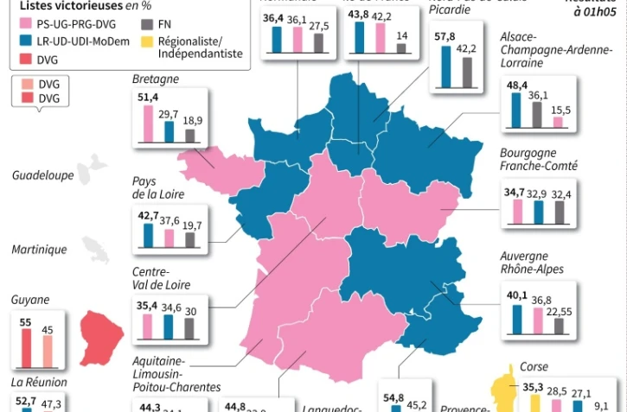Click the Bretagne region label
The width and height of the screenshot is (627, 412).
[x=156, y=79]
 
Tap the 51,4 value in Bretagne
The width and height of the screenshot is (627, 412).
[x=149, y=98]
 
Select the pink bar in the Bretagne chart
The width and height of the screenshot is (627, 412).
[x=148, y=122]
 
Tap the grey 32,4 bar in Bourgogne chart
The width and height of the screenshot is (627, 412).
[x=560, y=212]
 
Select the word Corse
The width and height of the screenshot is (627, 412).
[x=534, y=367]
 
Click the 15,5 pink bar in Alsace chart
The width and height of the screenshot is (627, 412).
[x=558, y=123]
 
